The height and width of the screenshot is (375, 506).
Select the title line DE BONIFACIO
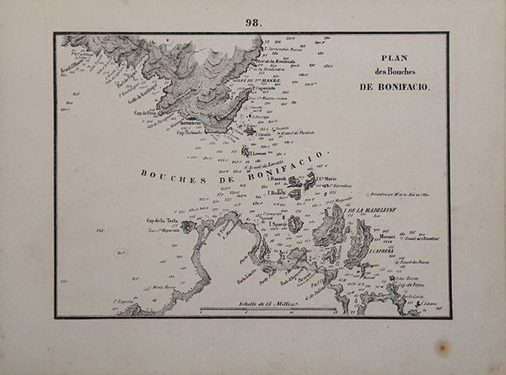tap(395, 87)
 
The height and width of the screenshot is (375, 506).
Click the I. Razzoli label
tap(277, 179)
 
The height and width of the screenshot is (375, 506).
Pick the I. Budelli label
tap(277, 193)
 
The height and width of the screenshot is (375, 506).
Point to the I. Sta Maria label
tap(326, 179)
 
